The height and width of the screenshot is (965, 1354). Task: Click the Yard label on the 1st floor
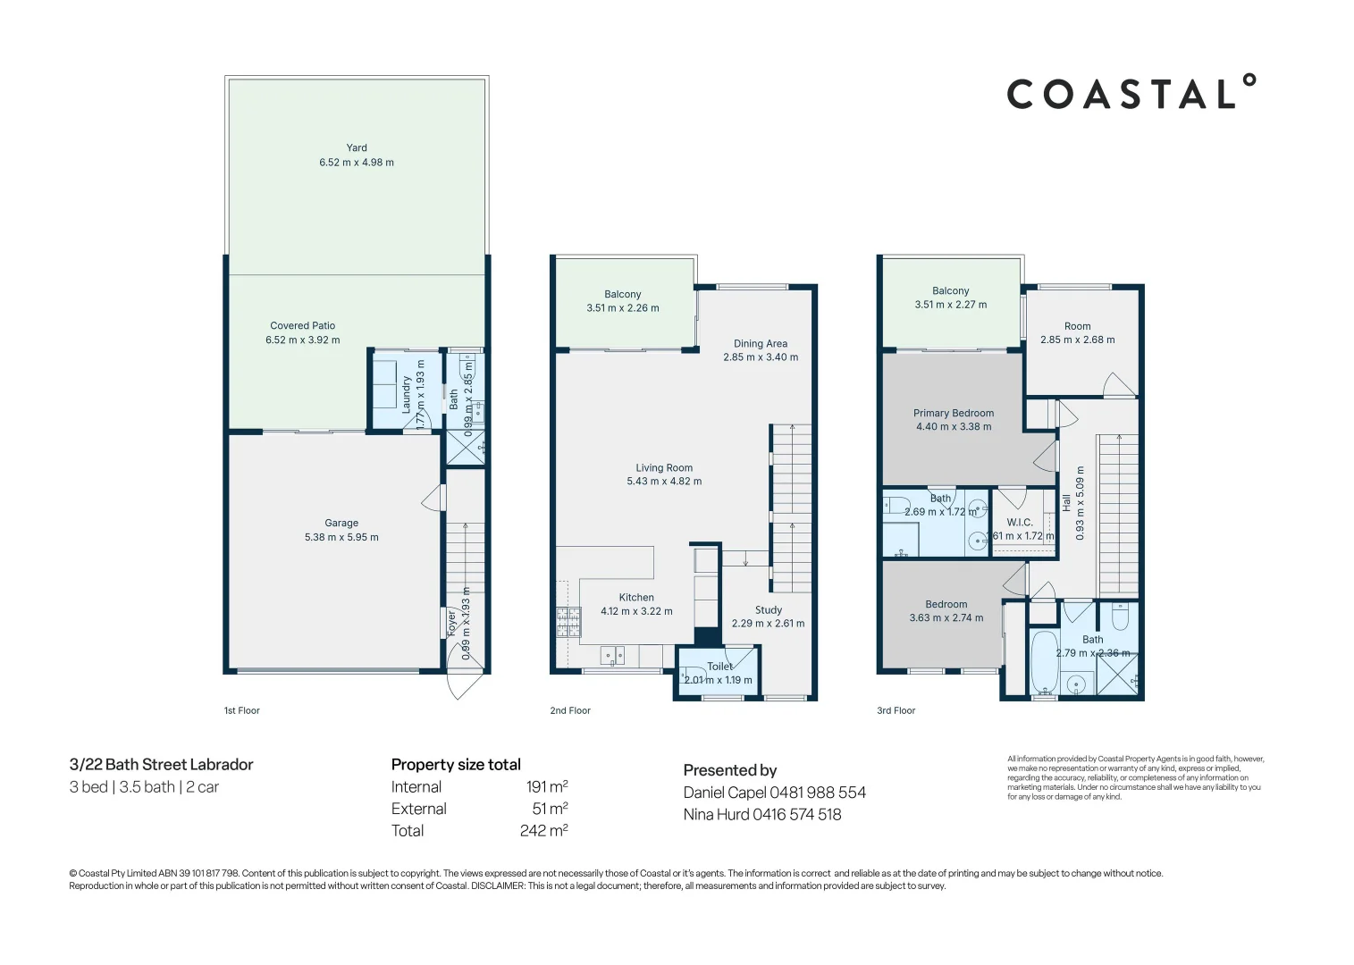coord(357,148)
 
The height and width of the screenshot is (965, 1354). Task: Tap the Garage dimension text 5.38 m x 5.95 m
coord(341,537)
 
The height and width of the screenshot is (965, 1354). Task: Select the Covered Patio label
coord(302,326)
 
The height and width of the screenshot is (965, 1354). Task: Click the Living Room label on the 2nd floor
coord(664,467)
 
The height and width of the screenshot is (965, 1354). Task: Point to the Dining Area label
coord(761,343)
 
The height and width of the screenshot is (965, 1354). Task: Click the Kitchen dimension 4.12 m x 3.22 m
coord(636,611)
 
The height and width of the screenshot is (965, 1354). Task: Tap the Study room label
coord(768,610)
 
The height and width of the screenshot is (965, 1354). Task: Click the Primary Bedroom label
coord(953,413)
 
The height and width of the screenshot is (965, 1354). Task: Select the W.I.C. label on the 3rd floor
coord(1020,523)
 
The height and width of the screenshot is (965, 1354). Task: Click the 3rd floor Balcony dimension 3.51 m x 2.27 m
coord(950,305)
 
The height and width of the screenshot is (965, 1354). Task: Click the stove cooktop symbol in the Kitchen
coord(568,621)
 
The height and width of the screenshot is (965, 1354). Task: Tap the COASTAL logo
coord(1131,93)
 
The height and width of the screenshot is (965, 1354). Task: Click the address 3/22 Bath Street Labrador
coord(162,765)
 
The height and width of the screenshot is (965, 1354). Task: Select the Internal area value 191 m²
coord(546,787)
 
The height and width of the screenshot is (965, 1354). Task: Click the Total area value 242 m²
coord(543,831)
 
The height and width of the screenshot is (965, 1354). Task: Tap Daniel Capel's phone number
coord(818,793)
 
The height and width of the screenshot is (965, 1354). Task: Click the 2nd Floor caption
coord(570,711)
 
